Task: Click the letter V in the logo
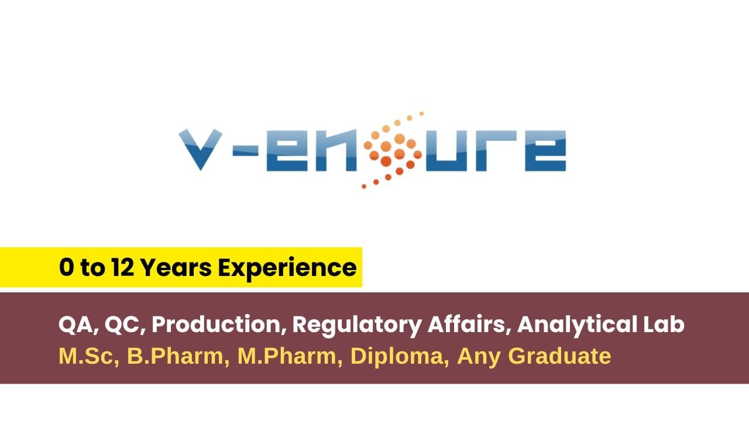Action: pos(199,150)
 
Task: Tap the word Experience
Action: pos(287,268)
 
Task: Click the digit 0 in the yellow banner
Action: pos(67,268)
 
